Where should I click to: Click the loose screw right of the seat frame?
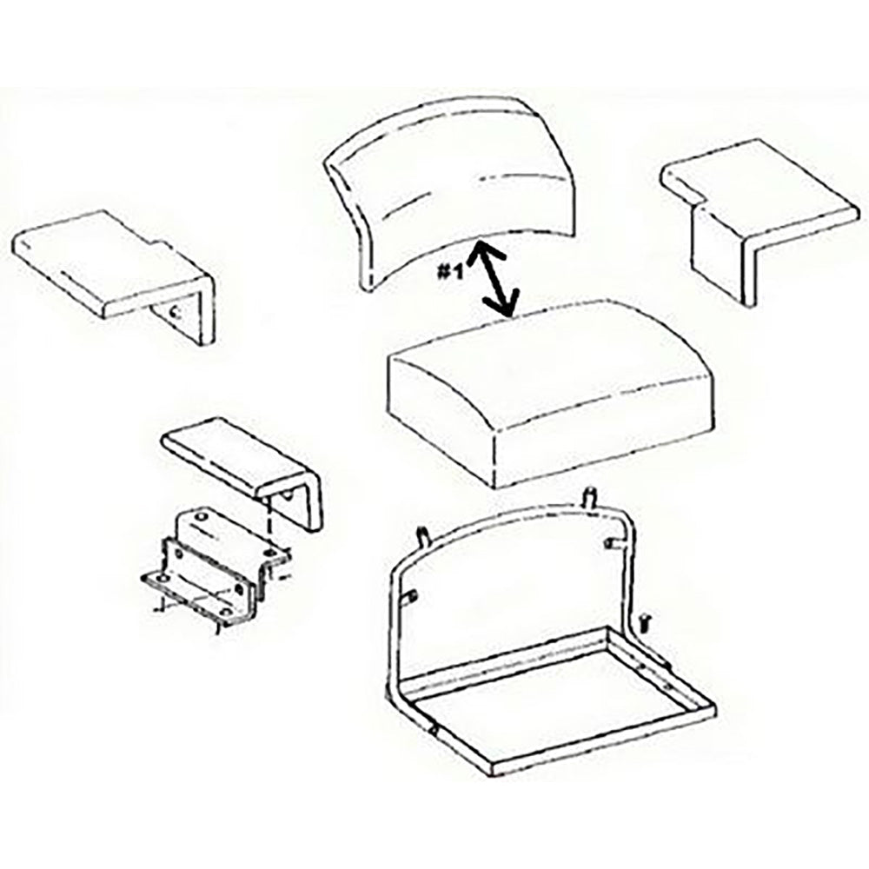pos(645,619)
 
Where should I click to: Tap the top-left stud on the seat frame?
pos(423,535)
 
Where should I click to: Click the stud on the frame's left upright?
pos(412,595)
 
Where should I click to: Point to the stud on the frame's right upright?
pos(612,544)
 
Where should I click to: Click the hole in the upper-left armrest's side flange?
pos(176,311)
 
